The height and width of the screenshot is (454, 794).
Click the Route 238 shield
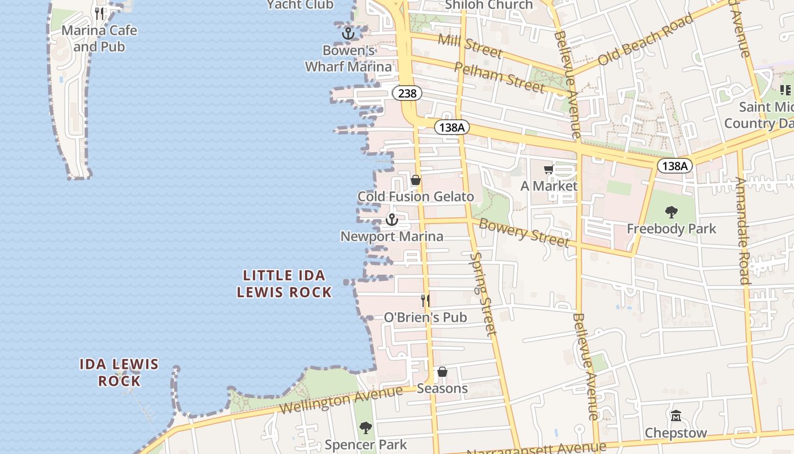tap(407, 93)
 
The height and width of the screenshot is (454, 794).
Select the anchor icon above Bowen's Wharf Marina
tap(348, 33)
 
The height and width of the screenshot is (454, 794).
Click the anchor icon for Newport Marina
tap(392, 220)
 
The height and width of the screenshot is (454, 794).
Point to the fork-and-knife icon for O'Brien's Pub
tap(425, 300)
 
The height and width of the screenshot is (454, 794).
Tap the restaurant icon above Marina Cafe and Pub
tap(100, 13)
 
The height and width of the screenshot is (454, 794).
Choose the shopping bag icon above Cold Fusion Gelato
tap(416, 180)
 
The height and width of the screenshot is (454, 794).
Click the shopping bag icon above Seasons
tap(442, 372)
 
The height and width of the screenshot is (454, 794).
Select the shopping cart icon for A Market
tap(548, 170)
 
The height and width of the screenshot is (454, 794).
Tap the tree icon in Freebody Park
tap(671, 212)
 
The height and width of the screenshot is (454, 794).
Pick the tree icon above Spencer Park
tap(366, 427)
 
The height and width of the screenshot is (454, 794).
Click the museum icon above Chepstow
tap(675, 416)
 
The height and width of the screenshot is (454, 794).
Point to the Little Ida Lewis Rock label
tap(284, 284)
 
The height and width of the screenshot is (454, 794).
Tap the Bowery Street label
tap(523, 232)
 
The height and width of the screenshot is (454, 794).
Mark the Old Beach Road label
tap(645, 39)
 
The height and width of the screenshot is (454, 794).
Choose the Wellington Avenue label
tap(341, 400)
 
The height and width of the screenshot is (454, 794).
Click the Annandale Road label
tap(743, 230)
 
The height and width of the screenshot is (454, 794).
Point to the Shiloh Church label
tap(489, 5)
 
